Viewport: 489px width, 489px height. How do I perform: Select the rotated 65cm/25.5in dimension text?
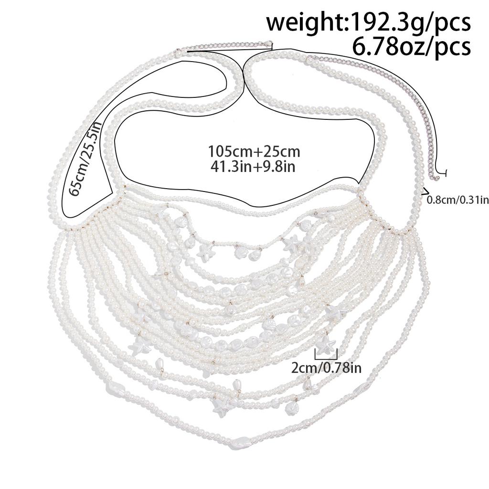point(83,159)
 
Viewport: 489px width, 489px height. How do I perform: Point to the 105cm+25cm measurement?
point(254,152)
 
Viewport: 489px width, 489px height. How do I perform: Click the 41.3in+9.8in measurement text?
point(253,167)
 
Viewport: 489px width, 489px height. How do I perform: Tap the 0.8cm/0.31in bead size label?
point(457,200)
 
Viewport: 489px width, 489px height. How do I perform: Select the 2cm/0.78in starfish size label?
point(326,368)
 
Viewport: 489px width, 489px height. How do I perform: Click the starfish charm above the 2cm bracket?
point(326,344)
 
